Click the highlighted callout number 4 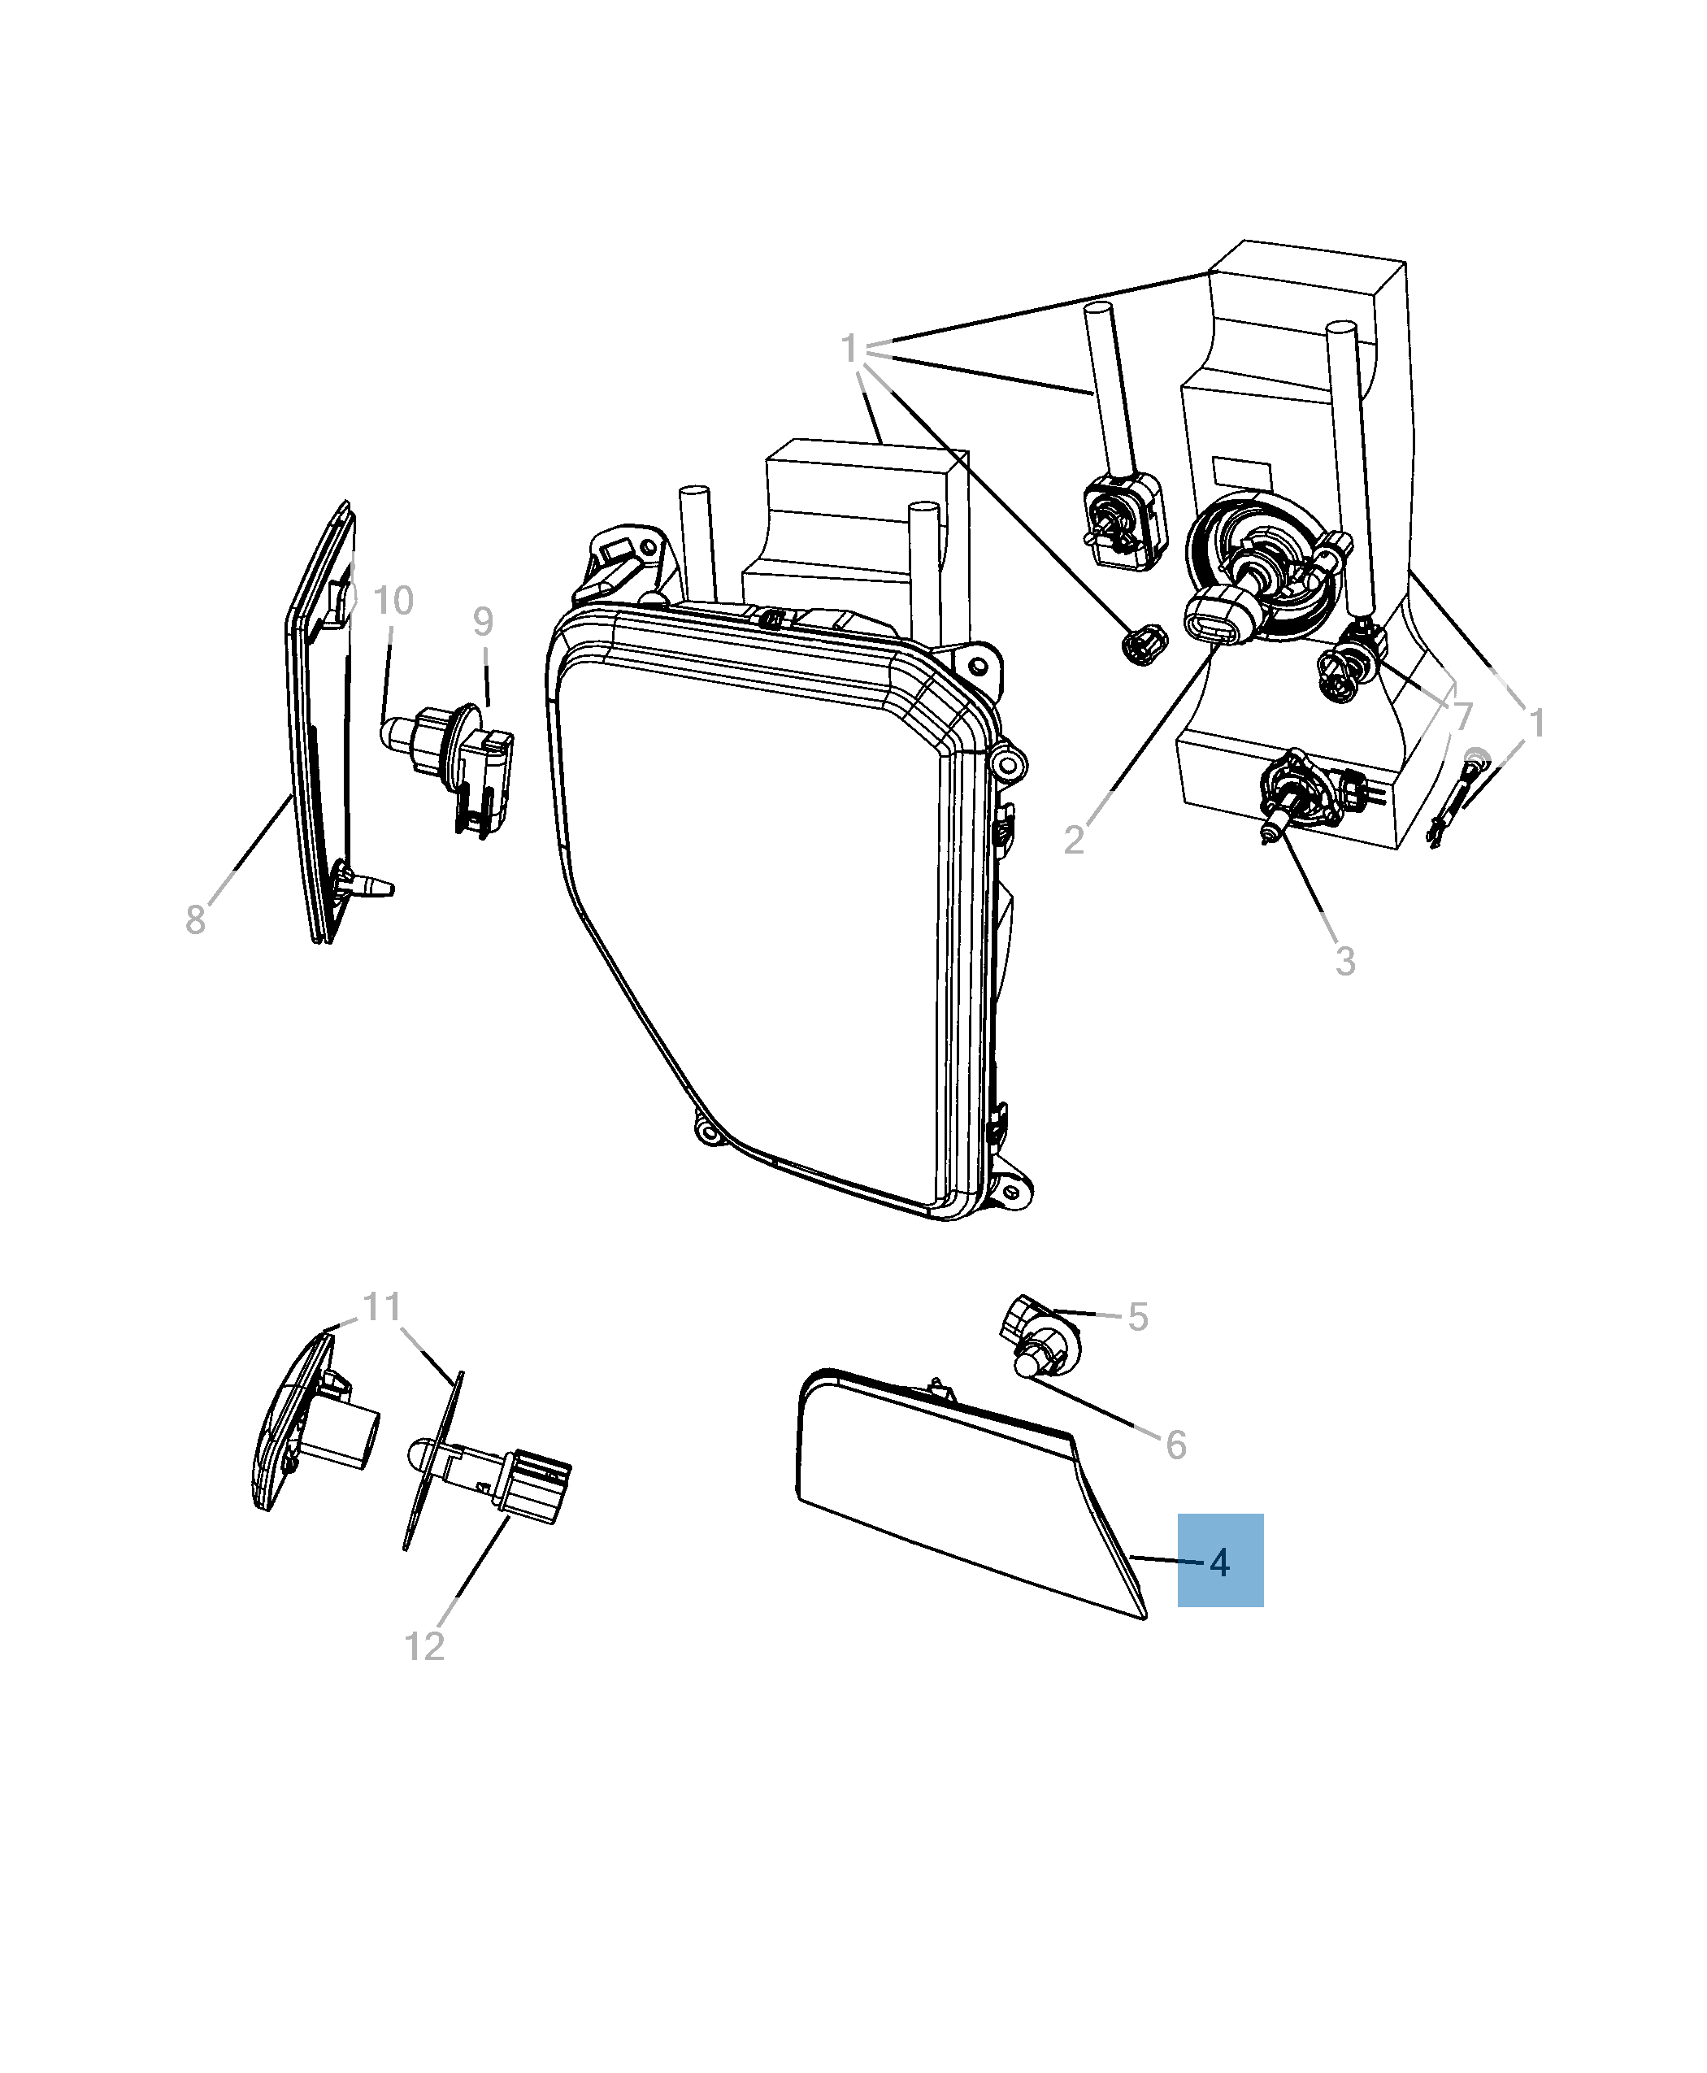click(1219, 1562)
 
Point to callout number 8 click(195, 920)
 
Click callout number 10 click(393, 601)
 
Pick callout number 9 click(482, 622)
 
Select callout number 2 click(1074, 840)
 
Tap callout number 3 click(1345, 961)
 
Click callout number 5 click(1138, 1317)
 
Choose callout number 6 click(1176, 1445)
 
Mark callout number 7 click(1462, 716)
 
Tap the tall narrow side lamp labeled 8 click(319, 728)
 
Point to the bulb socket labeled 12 click(502, 1487)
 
